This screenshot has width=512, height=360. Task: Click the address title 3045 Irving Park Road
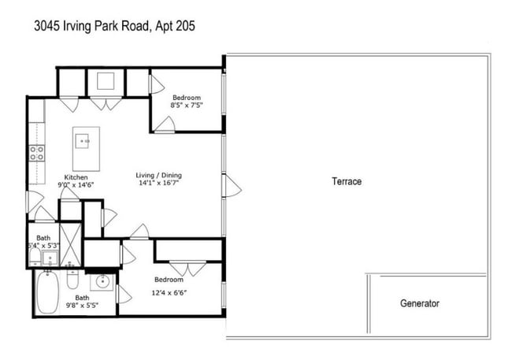(x=114, y=26)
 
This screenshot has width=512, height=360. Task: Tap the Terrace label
(x=346, y=181)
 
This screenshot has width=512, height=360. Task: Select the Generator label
(x=419, y=303)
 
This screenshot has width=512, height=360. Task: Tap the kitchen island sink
(x=83, y=141)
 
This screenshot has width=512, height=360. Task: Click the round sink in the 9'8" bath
(x=102, y=282)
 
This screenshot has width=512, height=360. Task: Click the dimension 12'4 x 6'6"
(x=169, y=289)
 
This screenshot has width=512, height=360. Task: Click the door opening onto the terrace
(x=230, y=187)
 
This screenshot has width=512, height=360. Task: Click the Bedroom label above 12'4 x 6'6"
(x=169, y=280)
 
